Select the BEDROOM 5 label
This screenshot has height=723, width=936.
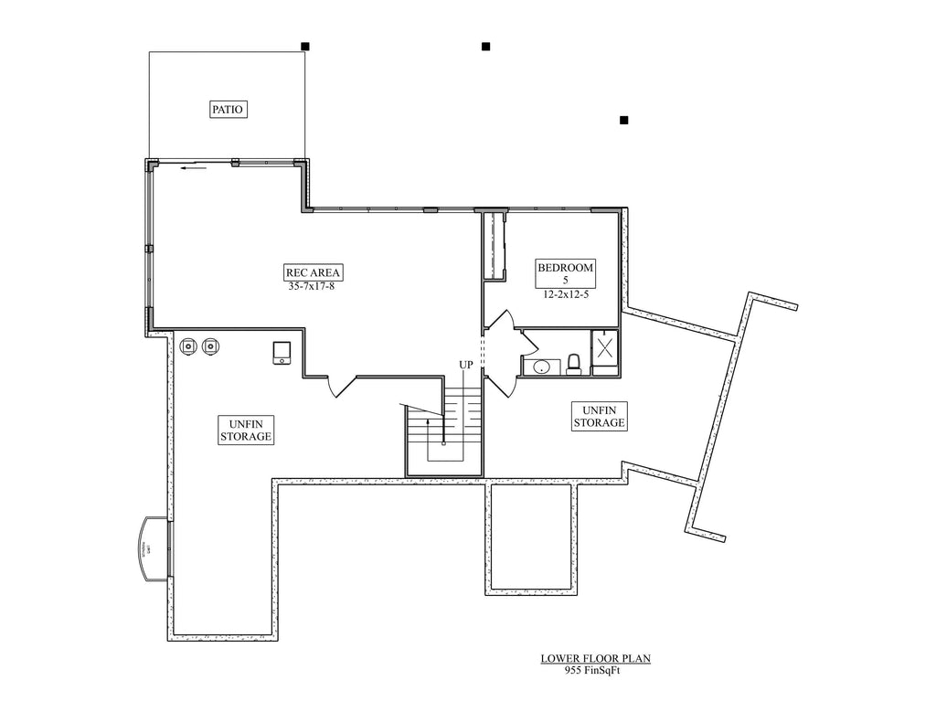(565, 272)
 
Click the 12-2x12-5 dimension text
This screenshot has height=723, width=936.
(565, 293)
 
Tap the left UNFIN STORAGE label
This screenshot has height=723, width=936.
(246, 430)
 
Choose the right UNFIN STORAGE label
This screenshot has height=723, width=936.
(599, 416)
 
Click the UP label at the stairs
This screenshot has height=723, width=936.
(466, 365)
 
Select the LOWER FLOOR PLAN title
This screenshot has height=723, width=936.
(595, 657)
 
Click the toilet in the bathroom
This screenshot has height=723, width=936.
(574, 365)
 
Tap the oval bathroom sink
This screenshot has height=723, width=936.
(541, 367)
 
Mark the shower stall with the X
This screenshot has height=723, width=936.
(604, 348)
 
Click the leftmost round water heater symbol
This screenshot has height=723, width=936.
(189, 346)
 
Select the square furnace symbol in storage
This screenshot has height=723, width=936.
(282, 352)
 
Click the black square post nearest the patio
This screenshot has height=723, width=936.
(305, 46)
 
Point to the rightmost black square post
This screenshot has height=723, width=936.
(623, 120)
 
